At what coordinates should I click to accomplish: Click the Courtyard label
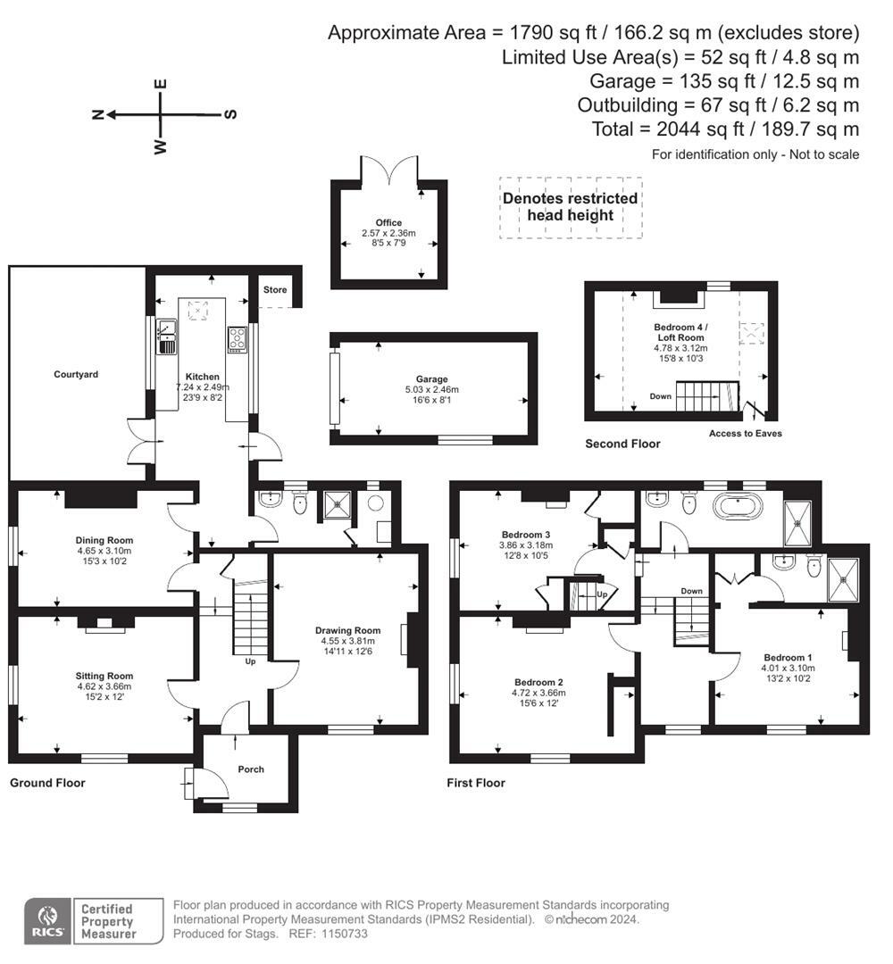point(76,374)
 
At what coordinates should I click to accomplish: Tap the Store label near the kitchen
point(275,289)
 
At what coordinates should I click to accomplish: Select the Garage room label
point(431,379)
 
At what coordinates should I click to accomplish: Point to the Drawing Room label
point(347,630)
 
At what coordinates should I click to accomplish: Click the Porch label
point(251,769)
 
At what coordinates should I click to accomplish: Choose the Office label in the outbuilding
point(388,222)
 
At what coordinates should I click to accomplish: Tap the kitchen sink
point(167,337)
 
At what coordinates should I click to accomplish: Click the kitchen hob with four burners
point(238,339)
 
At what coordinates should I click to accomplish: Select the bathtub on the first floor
point(738,508)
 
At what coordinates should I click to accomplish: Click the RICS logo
point(48,921)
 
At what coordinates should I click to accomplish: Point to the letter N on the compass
point(97,114)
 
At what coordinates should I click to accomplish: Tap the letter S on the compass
point(230,114)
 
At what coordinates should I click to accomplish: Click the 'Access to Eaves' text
point(746,434)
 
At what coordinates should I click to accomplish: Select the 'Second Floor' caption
point(622,444)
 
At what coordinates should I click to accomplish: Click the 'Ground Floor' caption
point(47,783)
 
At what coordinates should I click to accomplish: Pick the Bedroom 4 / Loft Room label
point(680,332)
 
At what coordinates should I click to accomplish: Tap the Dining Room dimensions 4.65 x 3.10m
point(104,551)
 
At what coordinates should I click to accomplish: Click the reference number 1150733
point(345,934)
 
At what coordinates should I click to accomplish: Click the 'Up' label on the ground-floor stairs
point(250,661)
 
